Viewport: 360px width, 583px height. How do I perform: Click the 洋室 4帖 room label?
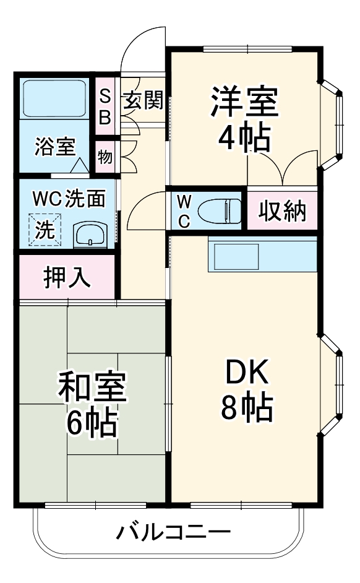tap(244, 119)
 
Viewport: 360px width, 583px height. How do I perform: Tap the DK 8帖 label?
tap(246, 389)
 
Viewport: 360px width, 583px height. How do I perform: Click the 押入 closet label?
tap(67, 277)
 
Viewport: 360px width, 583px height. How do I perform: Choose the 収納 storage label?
tap(282, 212)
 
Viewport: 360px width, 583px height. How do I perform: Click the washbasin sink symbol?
tap(90, 235)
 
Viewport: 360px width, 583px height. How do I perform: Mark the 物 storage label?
tap(105, 157)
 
